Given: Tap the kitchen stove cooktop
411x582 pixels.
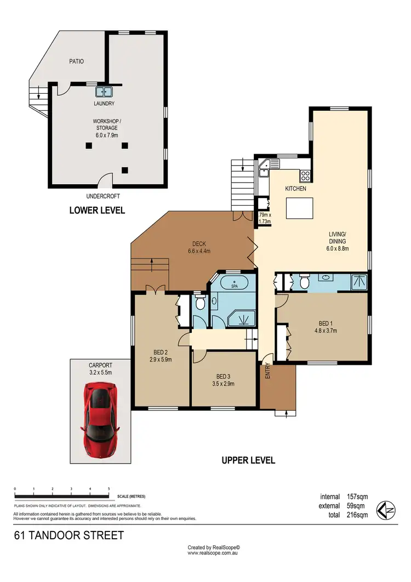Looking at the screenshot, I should click(305, 176).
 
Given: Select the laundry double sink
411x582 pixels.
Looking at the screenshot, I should click(104, 92).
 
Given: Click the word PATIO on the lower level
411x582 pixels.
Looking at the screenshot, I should click(76, 61).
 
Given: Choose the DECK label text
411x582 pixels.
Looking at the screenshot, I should click(198, 244).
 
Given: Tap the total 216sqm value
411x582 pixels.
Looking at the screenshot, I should click(357, 515).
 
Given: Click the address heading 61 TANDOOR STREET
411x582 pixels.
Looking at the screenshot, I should click(69, 535).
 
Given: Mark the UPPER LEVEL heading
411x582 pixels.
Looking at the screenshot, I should click(248, 460).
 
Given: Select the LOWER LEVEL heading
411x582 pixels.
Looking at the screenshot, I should click(97, 210).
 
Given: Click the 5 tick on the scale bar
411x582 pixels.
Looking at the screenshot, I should click(109, 488).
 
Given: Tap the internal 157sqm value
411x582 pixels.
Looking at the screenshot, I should click(357, 496).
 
